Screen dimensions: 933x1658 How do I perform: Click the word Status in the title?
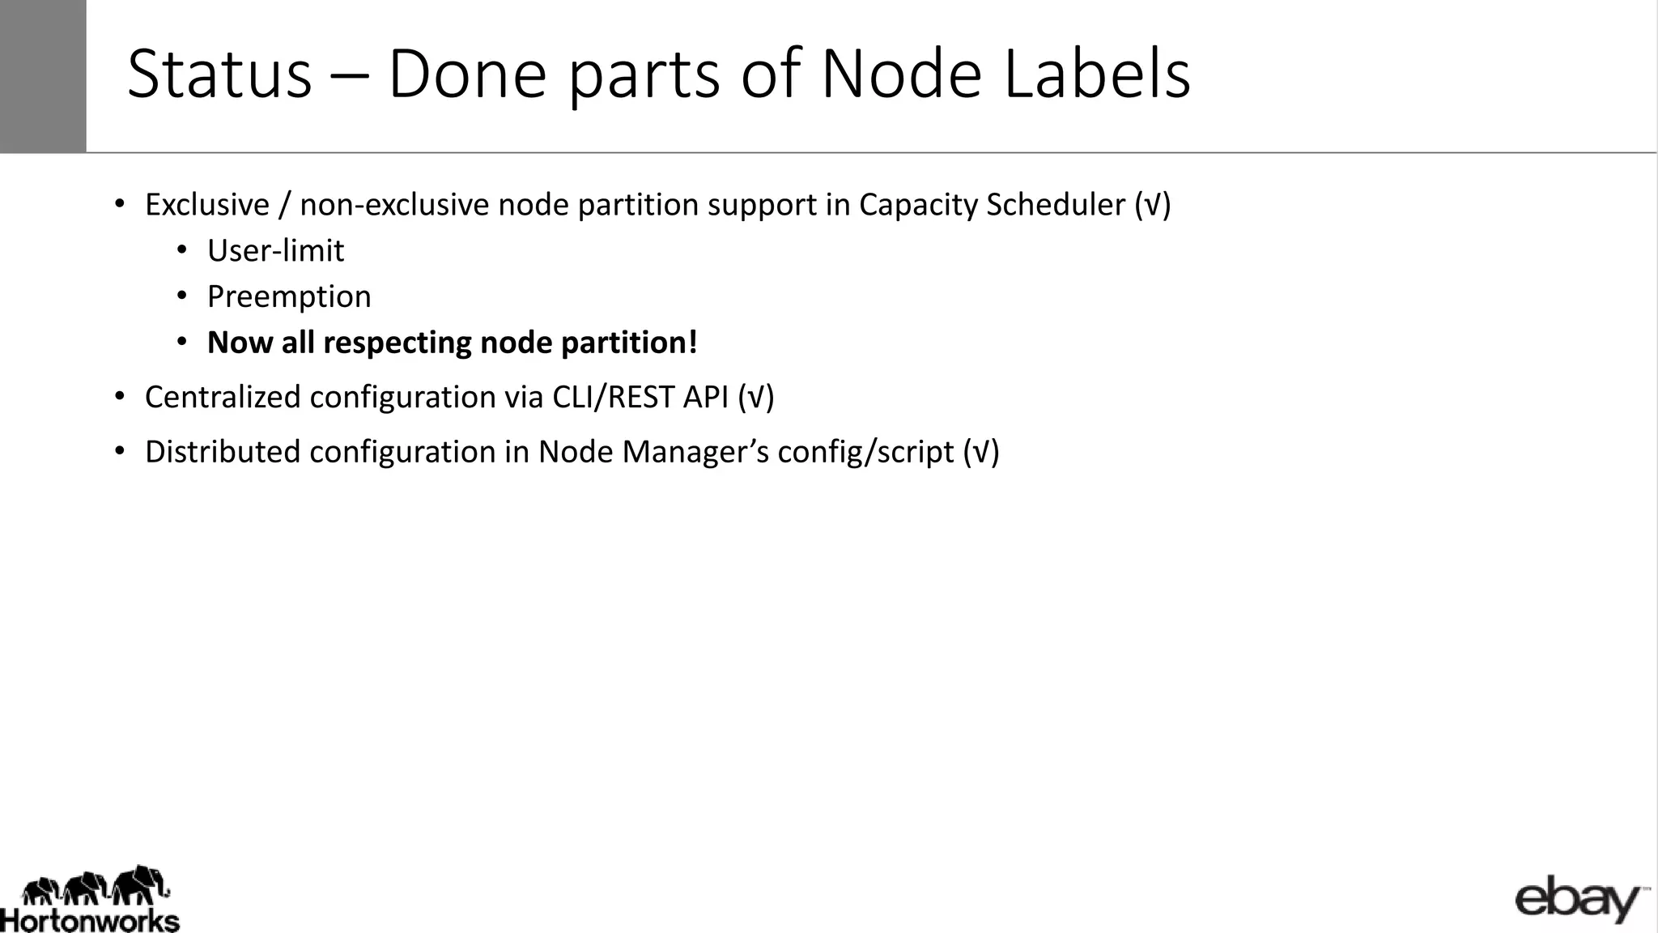tap(219, 75)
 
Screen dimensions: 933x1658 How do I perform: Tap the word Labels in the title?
tap(1096, 75)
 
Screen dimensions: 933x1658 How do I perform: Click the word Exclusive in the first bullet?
tap(206, 205)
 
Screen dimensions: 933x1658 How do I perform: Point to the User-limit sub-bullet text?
tap(275, 251)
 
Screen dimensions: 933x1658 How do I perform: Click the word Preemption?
tap(289, 297)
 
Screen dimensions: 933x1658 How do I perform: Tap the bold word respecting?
tap(397, 343)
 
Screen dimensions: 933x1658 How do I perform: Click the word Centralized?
tap(223, 398)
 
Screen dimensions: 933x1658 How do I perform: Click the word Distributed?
tap(223, 452)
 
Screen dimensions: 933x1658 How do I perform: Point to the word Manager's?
tap(695, 452)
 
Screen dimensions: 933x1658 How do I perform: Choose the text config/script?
tap(865, 452)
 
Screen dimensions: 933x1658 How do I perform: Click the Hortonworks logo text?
tap(90, 921)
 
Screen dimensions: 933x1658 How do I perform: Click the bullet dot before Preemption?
tap(182, 296)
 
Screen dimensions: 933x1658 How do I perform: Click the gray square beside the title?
tap(43, 76)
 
